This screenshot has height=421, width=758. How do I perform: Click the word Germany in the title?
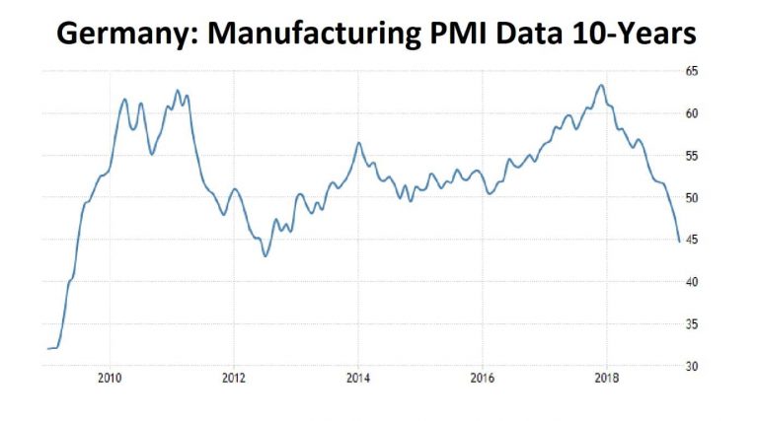coord(127,34)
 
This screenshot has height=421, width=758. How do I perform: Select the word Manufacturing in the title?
coord(314,34)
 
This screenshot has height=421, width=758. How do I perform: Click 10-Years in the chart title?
coord(635,33)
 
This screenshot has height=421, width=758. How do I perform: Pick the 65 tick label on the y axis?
coord(692,71)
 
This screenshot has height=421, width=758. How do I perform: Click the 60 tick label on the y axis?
coord(692,113)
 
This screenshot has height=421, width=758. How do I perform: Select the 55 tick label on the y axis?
coord(692,156)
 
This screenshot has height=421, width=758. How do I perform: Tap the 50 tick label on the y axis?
coord(692,198)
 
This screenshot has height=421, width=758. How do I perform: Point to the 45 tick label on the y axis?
coord(692,240)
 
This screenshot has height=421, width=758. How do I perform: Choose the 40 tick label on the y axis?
coord(692,282)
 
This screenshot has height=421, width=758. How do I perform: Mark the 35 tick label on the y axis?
coord(692,324)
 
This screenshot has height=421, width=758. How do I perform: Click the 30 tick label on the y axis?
coord(692,367)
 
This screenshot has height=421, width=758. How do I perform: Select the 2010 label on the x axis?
coord(110,378)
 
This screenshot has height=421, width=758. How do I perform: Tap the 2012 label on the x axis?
coord(234,378)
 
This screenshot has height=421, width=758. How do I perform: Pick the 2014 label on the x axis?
coord(358,378)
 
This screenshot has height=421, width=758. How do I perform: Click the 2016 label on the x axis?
coord(483,378)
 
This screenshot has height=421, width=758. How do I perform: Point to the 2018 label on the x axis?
coord(607,378)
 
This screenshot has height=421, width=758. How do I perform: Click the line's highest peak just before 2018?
coord(601,86)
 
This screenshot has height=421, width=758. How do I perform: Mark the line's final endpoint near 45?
coord(679,242)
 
